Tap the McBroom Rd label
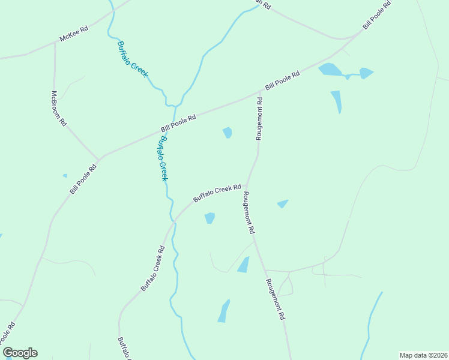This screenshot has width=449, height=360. click(x=58, y=108)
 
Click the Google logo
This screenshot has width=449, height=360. click(x=20, y=353)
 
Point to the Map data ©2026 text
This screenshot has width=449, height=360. click(x=423, y=355)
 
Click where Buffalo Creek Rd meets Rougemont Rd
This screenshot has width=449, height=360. click(x=247, y=185)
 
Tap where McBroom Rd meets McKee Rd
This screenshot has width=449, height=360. click(x=55, y=43)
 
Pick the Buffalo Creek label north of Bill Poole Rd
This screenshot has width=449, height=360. click(x=133, y=58)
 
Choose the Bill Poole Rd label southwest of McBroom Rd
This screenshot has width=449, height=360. click(x=83, y=179)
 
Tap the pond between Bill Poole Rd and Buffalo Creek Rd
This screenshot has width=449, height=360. click(x=228, y=133)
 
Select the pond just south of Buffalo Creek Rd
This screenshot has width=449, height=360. click(x=209, y=218)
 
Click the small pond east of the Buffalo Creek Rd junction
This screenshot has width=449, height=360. click(x=283, y=203)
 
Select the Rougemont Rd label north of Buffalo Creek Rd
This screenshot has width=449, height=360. click(x=260, y=119)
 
